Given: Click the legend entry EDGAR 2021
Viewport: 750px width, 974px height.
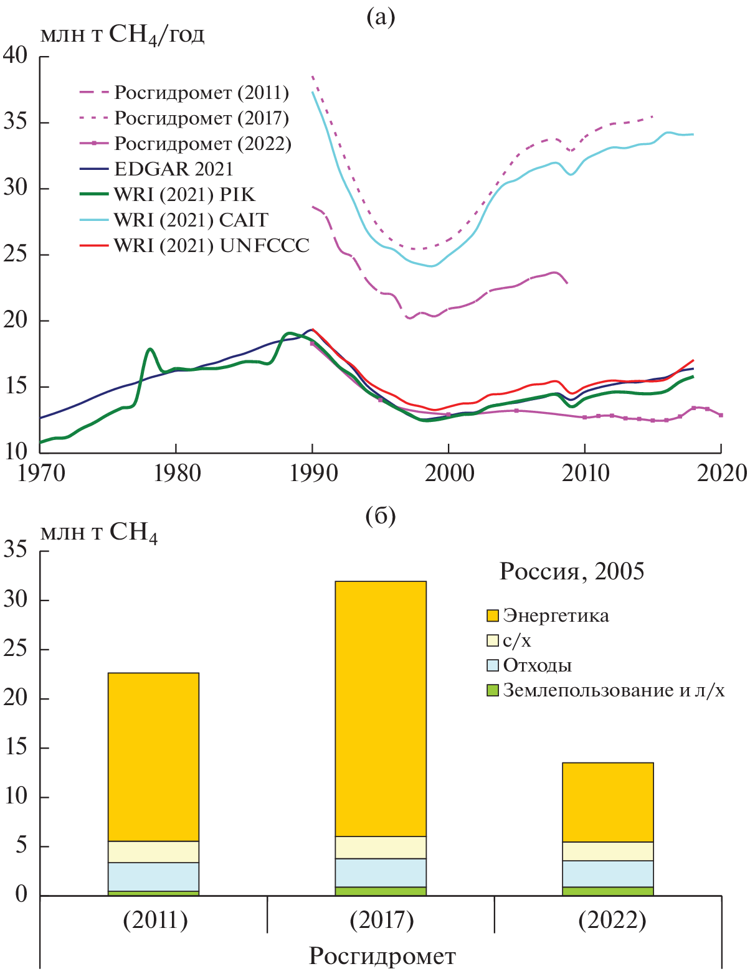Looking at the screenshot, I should [x=173, y=169].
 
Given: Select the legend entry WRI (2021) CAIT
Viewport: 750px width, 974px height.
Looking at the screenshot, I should [x=191, y=220].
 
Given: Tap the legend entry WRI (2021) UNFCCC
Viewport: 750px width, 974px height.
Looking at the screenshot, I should [x=211, y=246].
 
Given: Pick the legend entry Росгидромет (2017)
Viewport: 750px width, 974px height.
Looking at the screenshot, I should [x=201, y=118].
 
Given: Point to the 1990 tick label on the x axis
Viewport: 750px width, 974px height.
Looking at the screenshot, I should [x=312, y=474].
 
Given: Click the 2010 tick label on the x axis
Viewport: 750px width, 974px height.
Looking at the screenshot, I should [x=584, y=474].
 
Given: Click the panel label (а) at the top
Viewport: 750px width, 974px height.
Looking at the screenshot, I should [x=381, y=17].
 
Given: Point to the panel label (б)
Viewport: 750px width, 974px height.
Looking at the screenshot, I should [x=381, y=516].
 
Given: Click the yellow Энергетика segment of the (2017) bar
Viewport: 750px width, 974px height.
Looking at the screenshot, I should [x=381, y=708].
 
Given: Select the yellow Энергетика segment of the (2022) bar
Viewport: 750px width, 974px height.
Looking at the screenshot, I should [x=608, y=802].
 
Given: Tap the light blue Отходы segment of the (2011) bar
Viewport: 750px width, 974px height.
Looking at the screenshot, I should [x=154, y=877].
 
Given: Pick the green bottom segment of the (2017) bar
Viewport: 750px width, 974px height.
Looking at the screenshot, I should [x=381, y=891].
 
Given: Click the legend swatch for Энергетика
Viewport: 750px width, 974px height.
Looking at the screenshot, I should [x=493, y=616].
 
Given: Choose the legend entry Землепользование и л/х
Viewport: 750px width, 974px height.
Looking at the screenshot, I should [x=614, y=690].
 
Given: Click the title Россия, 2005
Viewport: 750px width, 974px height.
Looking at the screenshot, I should [x=571, y=571].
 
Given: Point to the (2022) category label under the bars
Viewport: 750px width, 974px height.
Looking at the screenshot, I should [x=612, y=920].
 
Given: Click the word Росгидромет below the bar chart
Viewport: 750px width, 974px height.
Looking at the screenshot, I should [x=382, y=956].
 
